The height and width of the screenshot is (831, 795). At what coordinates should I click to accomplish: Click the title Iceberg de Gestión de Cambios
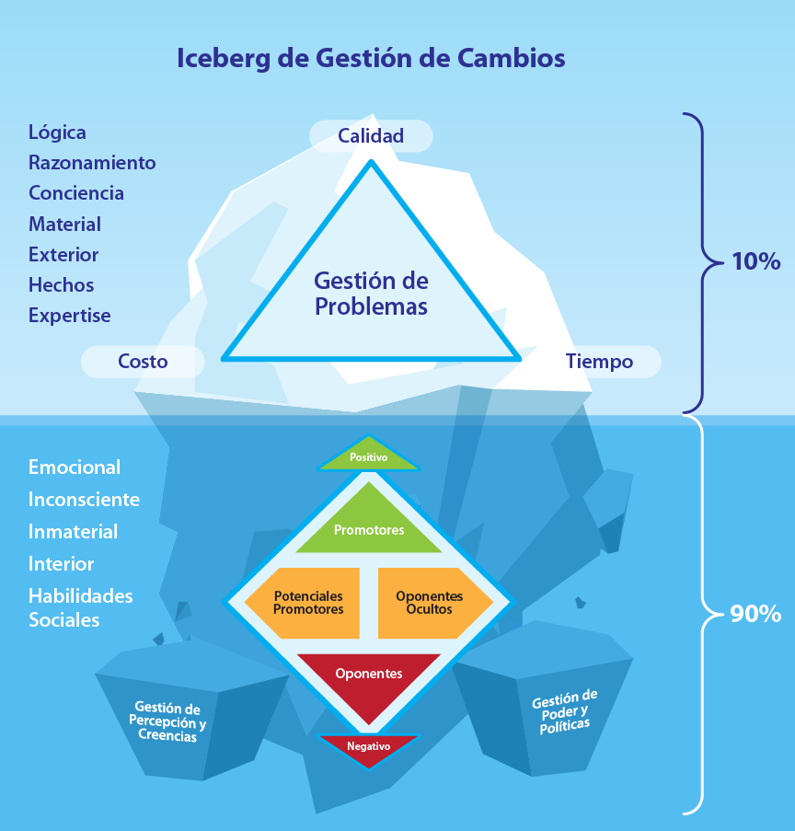[370, 59]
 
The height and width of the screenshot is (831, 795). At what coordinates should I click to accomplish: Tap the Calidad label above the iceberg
[371, 136]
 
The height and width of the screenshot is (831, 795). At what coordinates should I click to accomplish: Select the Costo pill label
[143, 362]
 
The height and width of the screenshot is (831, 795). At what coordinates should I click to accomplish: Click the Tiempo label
[599, 362]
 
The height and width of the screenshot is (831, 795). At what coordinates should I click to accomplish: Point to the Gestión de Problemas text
[371, 294]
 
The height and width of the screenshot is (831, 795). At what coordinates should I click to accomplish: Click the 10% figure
[755, 261]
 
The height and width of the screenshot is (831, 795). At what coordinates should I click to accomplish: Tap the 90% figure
[755, 614]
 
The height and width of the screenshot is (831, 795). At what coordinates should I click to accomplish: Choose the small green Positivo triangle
[368, 456]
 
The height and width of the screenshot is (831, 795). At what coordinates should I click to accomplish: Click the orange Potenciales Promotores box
[309, 603]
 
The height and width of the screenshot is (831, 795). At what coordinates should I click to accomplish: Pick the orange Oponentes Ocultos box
[429, 603]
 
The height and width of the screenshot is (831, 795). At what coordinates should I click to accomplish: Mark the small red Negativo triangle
[368, 746]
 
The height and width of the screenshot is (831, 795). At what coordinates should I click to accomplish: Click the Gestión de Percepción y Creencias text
[168, 722]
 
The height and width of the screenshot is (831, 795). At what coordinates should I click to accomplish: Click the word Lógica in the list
[57, 133]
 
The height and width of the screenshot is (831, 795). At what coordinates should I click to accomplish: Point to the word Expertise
[69, 316]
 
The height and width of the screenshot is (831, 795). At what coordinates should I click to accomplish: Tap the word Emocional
[75, 467]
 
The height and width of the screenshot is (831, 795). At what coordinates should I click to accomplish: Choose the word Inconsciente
[84, 500]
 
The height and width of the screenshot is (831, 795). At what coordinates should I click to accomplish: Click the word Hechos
[61, 285]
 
